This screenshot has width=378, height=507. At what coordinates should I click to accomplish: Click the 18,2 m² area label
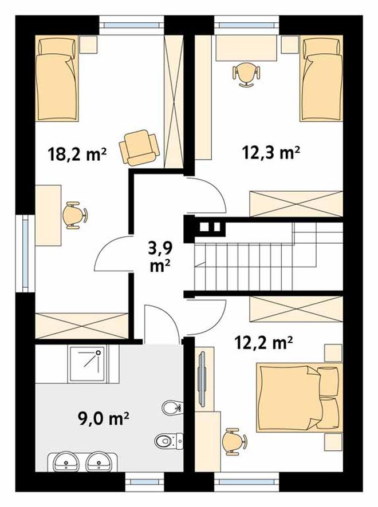tap(77, 155)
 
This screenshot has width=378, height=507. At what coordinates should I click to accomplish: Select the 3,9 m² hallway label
tap(160, 257)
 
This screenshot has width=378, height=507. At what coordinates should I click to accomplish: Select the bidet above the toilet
tap(172, 408)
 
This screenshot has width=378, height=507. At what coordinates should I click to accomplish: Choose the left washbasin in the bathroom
tap(66, 461)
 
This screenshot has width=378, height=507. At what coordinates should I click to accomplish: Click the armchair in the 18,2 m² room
tap(139, 148)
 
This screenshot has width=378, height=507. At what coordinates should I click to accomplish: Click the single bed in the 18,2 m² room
tap(57, 78)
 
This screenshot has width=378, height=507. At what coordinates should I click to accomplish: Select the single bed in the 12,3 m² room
tap(321, 78)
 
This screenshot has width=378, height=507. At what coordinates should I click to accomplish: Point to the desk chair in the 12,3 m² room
tap(246, 74)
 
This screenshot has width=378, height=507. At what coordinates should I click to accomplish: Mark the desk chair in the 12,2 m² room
tap(235, 442)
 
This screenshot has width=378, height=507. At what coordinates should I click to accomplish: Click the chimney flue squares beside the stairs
tap(211, 227)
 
